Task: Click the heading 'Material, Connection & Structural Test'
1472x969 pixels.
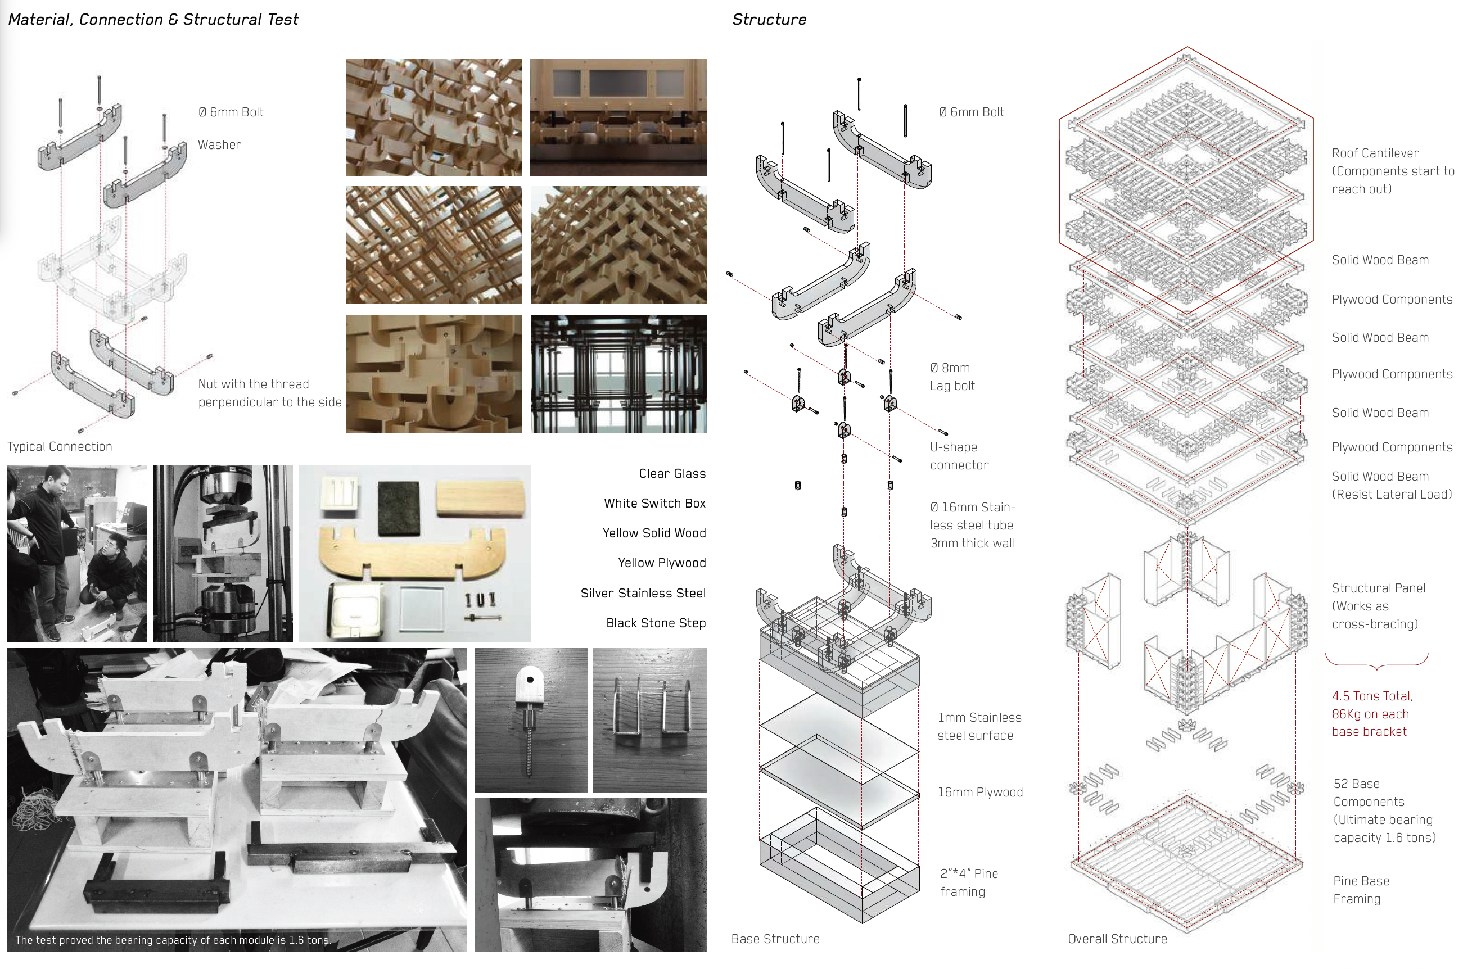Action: (x=153, y=20)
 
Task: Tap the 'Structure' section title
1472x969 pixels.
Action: (x=769, y=20)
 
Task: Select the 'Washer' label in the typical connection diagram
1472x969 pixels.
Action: (x=219, y=144)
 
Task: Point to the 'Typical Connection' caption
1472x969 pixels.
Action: (x=60, y=446)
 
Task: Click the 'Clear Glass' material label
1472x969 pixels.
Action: (x=672, y=474)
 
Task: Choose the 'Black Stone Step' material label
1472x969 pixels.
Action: (x=656, y=623)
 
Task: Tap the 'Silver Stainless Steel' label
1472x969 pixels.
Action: (x=643, y=593)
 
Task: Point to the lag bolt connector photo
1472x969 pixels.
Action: (x=531, y=720)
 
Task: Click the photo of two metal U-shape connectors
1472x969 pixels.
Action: (x=649, y=720)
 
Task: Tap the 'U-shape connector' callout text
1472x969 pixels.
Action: (x=959, y=456)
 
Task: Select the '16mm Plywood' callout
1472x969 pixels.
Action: (x=979, y=792)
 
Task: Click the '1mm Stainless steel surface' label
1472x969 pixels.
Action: (x=978, y=726)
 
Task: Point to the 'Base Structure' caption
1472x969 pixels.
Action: (x=775, y=939)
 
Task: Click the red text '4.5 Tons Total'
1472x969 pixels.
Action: (x=1372, y=696)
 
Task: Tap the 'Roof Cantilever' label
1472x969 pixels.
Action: (x=1375, y=153)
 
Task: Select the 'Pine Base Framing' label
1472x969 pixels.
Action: (x=1361, y=890)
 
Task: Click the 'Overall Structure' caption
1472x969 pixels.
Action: (x=1117, y=939)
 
